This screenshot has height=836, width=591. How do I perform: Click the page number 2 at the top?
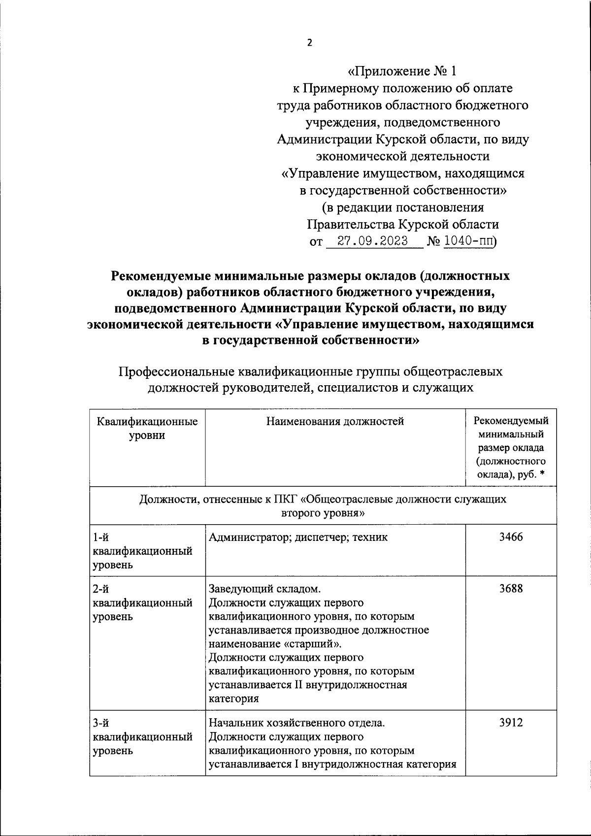pyautogui.click(x=309, y=43)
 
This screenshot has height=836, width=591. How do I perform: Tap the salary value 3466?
pyautogui.click(x=511, y=537)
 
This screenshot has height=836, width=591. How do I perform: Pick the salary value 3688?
pyautogui.click(x=511, y=589)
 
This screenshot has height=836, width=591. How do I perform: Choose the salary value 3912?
pyautogui.click(x=511, y=723)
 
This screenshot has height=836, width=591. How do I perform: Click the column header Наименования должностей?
pyautogui.click(x=335, y=421)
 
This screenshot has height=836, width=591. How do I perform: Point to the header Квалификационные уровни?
pyautogui.click(x=147, y=428)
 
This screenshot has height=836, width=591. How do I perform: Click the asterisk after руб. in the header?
pyautogui.click(x=542, y=475)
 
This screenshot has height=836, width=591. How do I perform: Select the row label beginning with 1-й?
pyautogui.click(x=142, y=551)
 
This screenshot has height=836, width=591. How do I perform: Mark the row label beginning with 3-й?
pyautogui.click(x=142, y=737)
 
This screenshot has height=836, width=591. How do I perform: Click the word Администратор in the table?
pyautogui.click(x=249, y=537)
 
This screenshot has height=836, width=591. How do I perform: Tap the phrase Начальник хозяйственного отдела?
pyautogui.click(x=296, y=723)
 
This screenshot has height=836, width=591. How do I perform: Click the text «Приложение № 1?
pyautogui.click(x=402, y=71)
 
